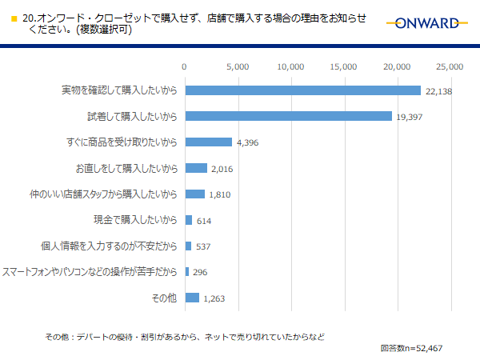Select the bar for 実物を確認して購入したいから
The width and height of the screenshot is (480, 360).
(x=302, y=90)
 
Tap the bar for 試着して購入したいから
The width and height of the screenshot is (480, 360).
(x=288, y=116)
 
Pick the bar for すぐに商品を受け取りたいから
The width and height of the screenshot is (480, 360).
(x=208, y=142)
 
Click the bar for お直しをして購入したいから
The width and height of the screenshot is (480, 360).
(x=196, y=168)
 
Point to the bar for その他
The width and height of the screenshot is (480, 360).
(x=192, y=298)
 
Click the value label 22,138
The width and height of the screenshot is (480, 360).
(x=440, y=92)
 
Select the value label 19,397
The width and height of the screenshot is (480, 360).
(x=410, y=118)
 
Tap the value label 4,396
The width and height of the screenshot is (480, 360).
(x=248, y=143)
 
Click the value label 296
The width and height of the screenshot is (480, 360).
(x=200, y=273)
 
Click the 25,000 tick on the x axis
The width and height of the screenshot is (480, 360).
(x=450, y=66)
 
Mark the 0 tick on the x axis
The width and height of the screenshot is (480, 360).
(x=185, y=66)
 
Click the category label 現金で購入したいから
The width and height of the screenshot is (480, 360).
(x=135, y=220)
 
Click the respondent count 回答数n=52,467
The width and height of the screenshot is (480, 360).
(x=412, y=349)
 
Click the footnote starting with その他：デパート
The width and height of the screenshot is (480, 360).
(x=184, y=336)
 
